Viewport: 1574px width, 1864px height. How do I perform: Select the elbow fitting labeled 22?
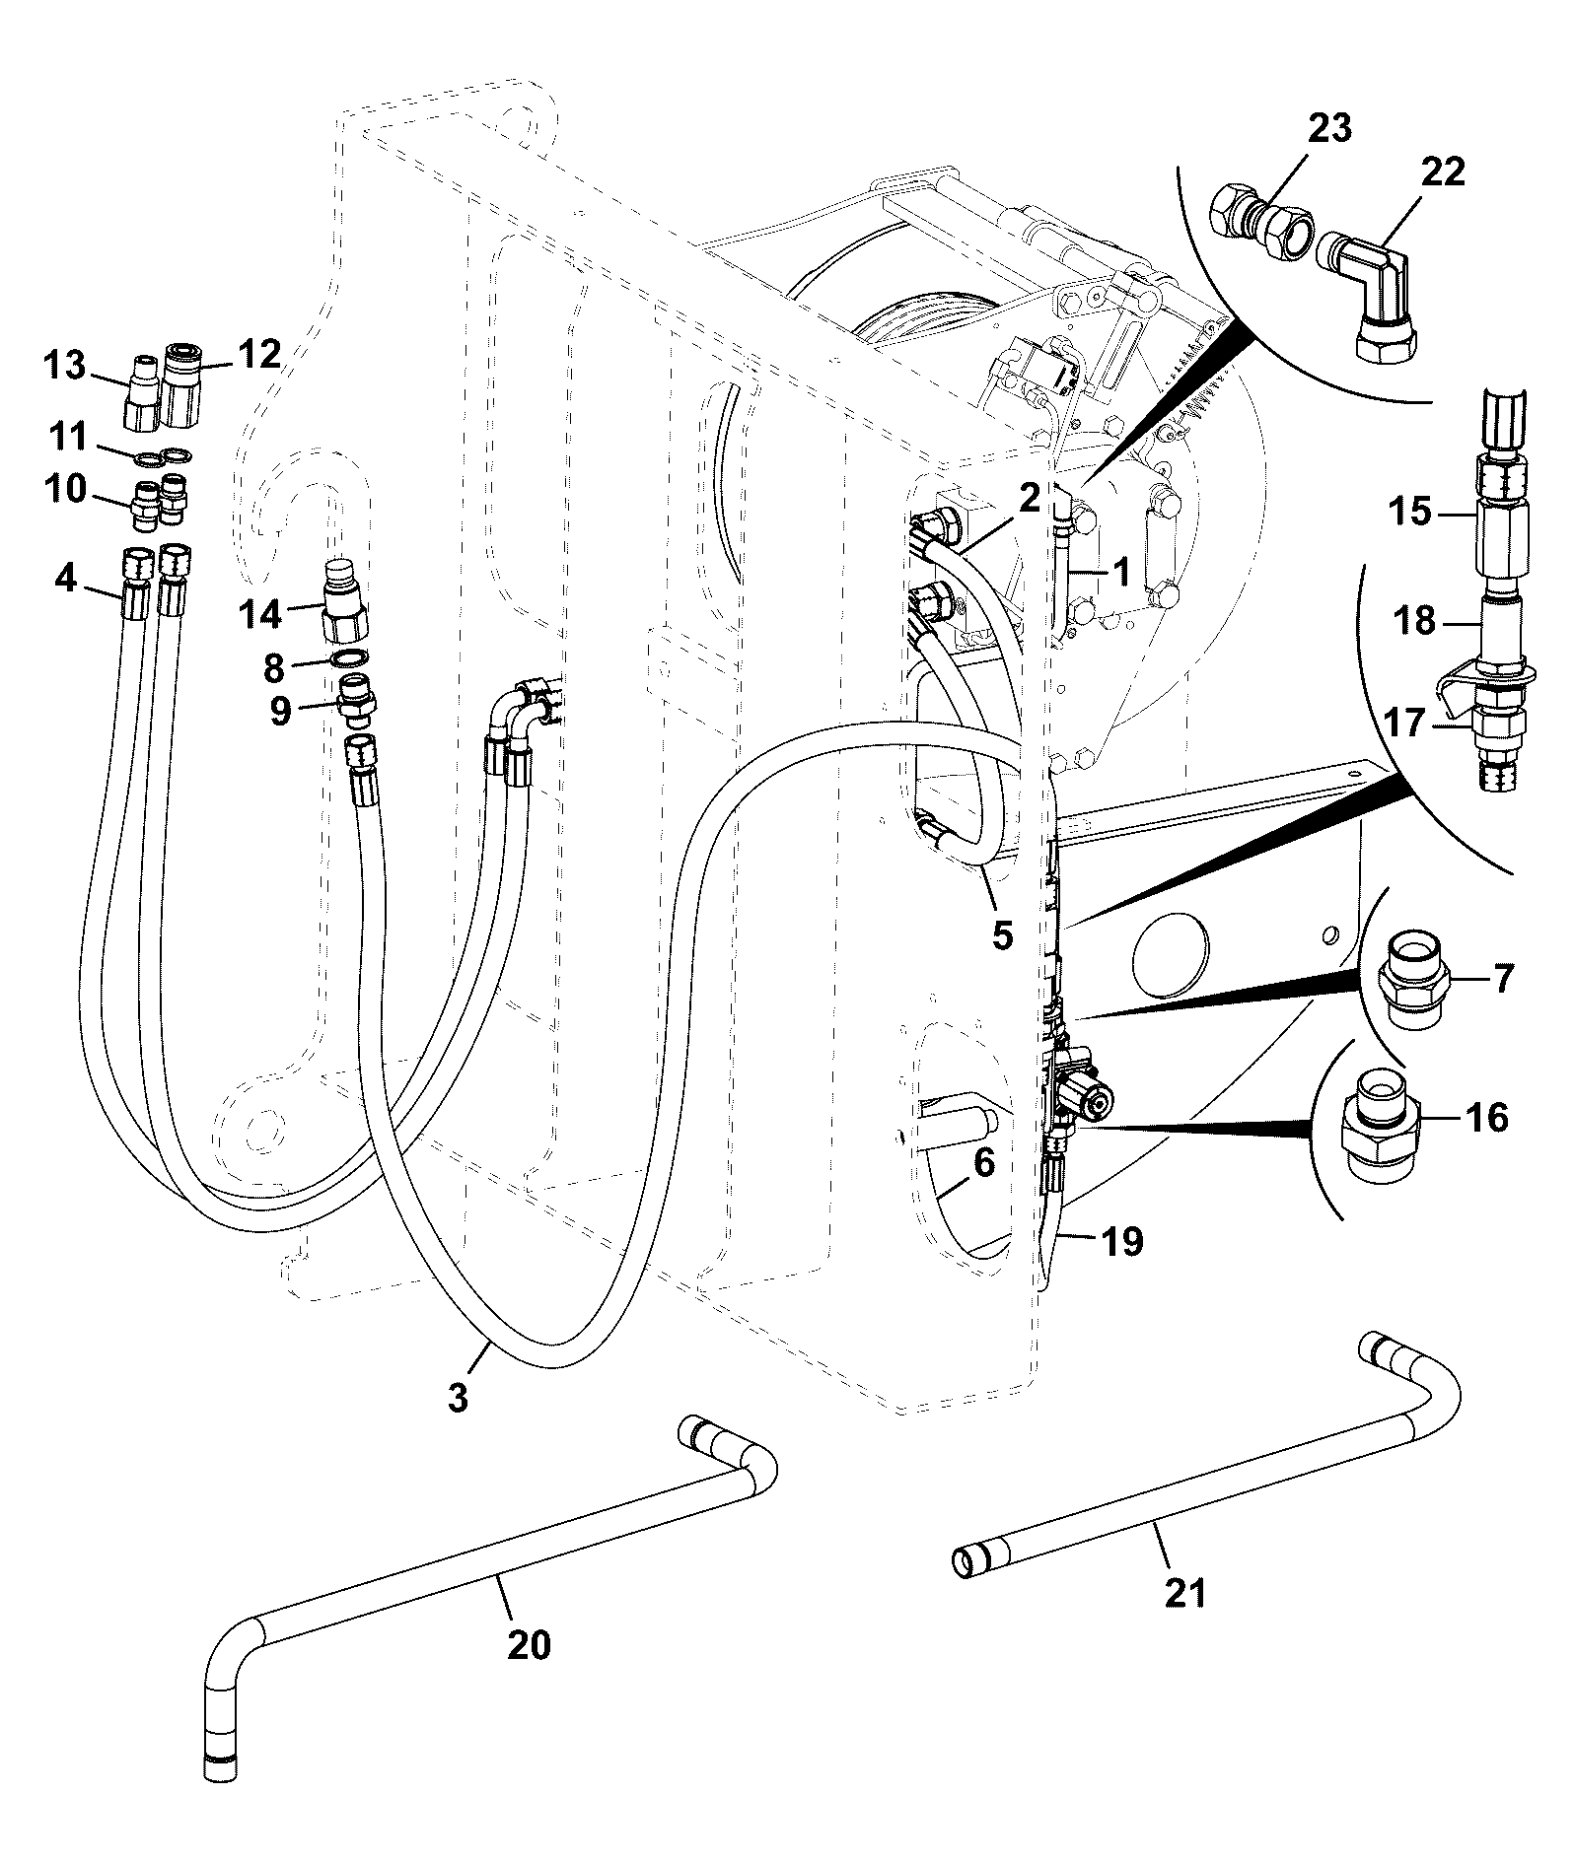(x=1372, y=294)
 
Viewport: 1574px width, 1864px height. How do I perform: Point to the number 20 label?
(x=529, y=1645)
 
